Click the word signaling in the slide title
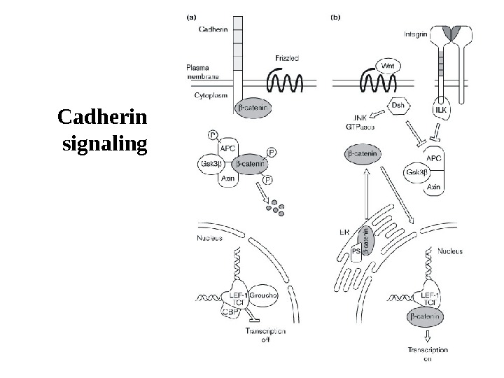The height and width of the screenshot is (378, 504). pyautogui.click(x=105, y=145)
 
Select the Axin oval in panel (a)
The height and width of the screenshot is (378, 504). pyautogui.click(x=227, y=179)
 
